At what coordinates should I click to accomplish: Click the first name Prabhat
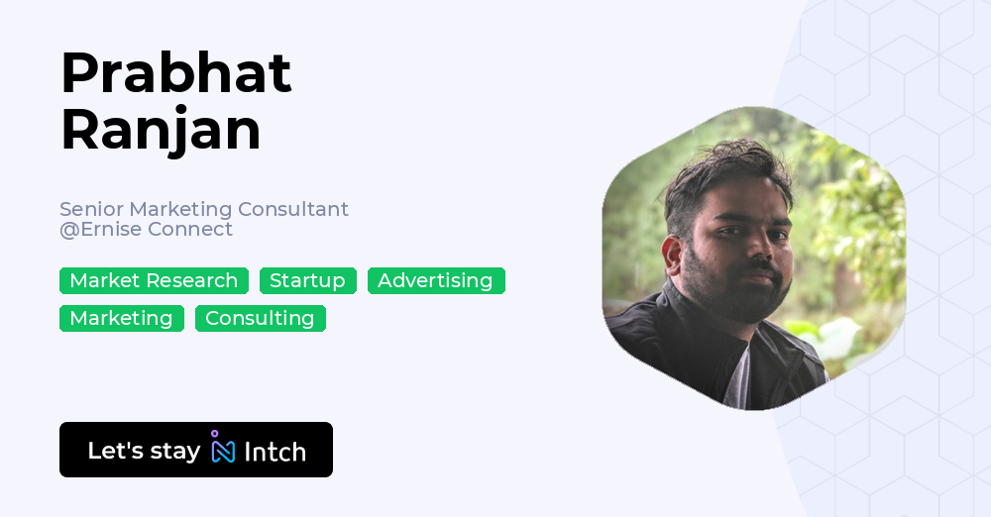tap(175, 73)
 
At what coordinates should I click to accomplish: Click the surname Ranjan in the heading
tap(161, 130)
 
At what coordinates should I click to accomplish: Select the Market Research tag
tap(154, 281)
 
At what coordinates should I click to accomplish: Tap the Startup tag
tap(307, 281)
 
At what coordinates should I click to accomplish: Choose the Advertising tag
tap(435, 281)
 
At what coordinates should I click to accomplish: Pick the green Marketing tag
tap(121, 319)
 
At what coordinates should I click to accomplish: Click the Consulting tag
tap(260, 319)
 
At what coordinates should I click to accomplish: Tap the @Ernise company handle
tap(100, 230)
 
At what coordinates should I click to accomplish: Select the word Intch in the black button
tap(275, 452)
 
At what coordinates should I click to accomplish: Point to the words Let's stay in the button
tap(144, 451)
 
